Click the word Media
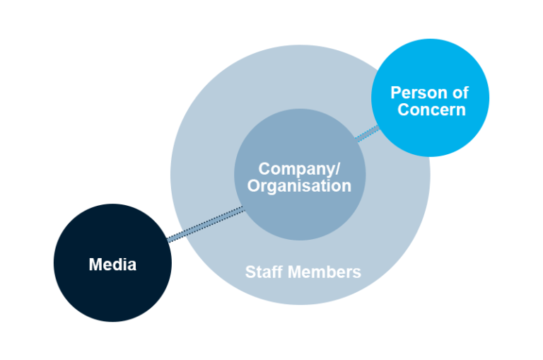[112, 265]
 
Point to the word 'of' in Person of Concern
[460, 93]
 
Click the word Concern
[431, 110]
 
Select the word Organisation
[300, 186]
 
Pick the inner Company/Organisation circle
[300, 216]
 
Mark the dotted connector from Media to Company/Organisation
[205, 225]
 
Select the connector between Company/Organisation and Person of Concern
[367, 133]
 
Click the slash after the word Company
[338, 169]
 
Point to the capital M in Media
[95, 265]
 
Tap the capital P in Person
[396, 93]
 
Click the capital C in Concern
[403, 110]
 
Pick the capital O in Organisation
[255, 186]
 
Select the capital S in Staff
[250, 272]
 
